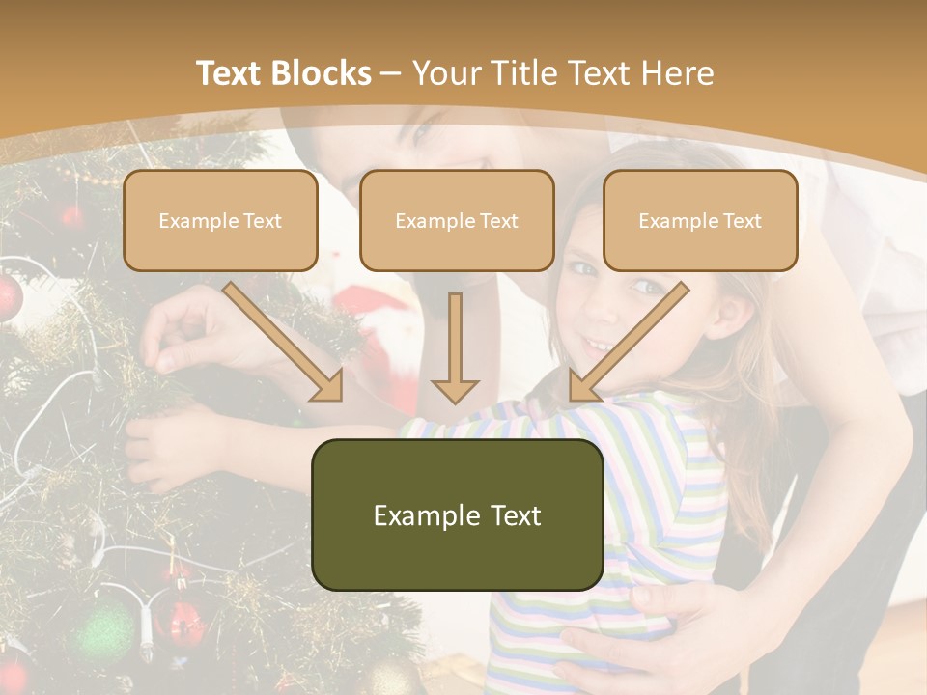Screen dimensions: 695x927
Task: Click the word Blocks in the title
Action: (x=322, y=73)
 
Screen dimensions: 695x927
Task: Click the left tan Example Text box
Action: (x=220, y=221)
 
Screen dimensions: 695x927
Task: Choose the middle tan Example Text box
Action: (x=457, y=221)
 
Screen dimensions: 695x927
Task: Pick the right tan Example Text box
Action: (x=700, y=221)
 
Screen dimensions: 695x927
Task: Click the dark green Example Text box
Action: (x=457, y=514)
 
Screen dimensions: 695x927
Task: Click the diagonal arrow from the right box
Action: (x=628, y=343)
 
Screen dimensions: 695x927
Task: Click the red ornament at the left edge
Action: (x=8, y=299)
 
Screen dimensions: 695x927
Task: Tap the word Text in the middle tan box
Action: (x=497, y=221)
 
